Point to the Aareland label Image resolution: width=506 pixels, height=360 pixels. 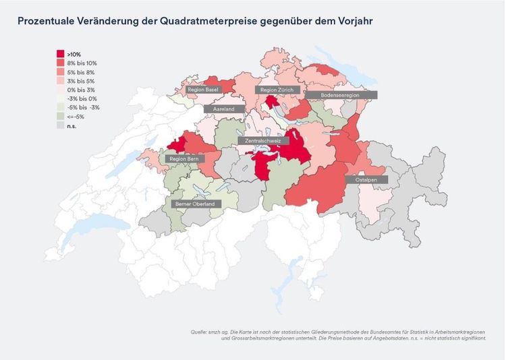[x=223, y=109]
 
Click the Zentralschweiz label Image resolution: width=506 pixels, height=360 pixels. [x=263, y=141]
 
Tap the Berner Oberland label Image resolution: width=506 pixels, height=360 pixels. [x=194, y=204]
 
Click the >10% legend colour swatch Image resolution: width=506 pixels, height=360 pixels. [x=60, y=54]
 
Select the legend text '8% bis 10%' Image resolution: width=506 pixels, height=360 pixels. [x=82, y=63]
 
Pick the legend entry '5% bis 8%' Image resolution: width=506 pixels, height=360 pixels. [x=80, y=71]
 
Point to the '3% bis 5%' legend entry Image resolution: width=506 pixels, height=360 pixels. [x=80, y=81]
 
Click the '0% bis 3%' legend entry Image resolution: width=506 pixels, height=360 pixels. [x=80, y=90]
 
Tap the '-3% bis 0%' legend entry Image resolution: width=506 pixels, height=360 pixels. [x=81, y=98]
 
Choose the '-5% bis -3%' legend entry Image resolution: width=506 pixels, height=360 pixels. [x=83, y=107]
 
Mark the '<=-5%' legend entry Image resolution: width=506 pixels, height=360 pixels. [x=76, y=117]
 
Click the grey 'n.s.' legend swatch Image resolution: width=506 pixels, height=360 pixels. [x=60, y=125]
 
